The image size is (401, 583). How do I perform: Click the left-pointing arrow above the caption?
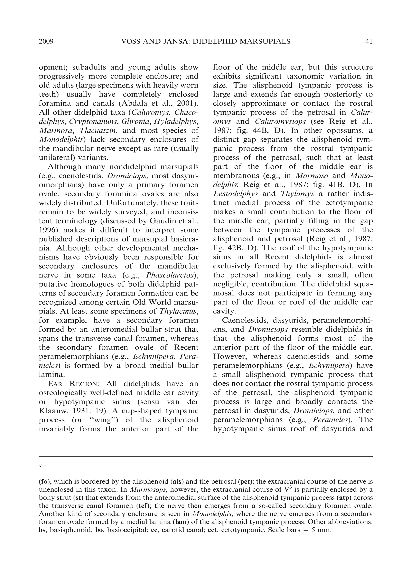coord(43,466)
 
